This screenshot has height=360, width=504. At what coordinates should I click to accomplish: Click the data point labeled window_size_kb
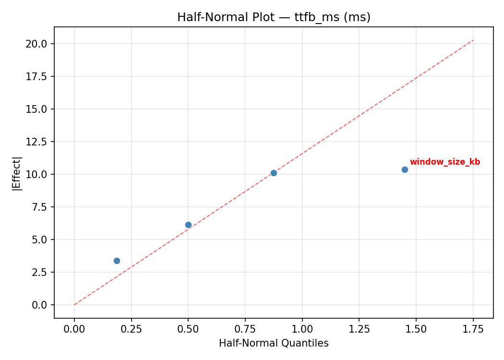point(405,169)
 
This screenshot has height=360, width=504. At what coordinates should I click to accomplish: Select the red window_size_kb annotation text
point(444,162)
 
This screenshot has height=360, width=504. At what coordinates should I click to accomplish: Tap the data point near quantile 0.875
point(274,173)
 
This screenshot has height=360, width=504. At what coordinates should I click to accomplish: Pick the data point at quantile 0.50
point(188,225)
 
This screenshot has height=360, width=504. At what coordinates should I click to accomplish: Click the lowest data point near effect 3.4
point(117,261)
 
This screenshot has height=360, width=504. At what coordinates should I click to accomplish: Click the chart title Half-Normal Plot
point(274,17)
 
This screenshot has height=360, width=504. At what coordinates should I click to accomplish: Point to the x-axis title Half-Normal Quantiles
point(274,343)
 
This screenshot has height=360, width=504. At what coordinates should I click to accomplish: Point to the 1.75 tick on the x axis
point(473,329)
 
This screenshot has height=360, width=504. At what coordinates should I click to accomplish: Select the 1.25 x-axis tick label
point(359,329)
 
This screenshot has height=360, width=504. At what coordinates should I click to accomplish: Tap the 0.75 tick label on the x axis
point(245,329)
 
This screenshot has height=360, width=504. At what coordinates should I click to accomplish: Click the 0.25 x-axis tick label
point(131,329)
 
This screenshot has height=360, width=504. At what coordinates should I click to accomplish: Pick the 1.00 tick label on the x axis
point(302,329)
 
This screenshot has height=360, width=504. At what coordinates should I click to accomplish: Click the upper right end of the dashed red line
point(473,40)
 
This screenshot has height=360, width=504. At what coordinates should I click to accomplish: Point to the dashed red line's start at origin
point(74,305)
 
